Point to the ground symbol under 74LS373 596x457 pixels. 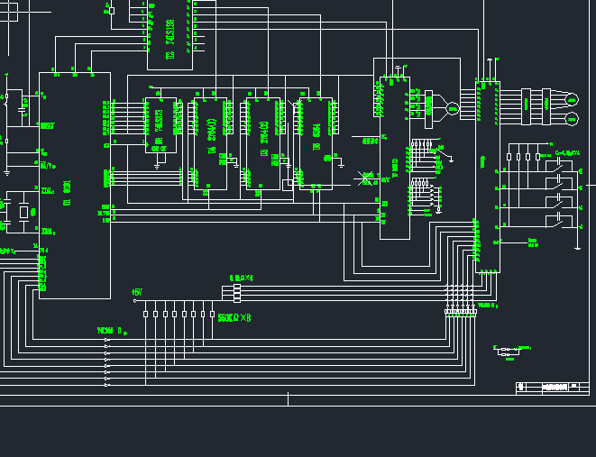coord(158,165)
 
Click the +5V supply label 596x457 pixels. coord(137,292)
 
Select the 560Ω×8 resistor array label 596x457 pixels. coord(234,317)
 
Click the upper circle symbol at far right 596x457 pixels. coord(572,98)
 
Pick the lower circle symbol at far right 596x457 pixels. coord(572,119)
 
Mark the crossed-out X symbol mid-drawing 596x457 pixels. coord(366,178)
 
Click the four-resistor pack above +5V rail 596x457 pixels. coord(237,292)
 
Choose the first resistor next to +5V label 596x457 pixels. coord(146,315)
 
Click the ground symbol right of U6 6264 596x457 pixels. coord(341,164)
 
